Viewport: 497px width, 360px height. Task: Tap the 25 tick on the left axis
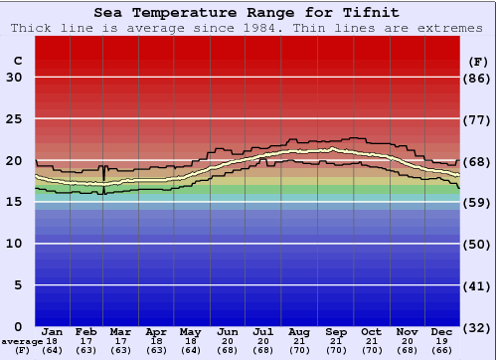click(x=14, y=119)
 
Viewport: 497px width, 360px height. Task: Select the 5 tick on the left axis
click(x=18, y=285)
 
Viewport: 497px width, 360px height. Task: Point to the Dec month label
click(x=441, y=331)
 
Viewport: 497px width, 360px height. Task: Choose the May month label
click(x=190, y=331)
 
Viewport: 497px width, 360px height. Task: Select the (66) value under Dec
click(x=441, y=350)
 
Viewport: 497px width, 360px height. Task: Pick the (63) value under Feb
click(x=86, y=350)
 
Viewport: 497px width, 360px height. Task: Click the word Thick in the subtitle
click(x=33, y=28)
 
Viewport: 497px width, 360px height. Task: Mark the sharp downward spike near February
click(x=104, y=179)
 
